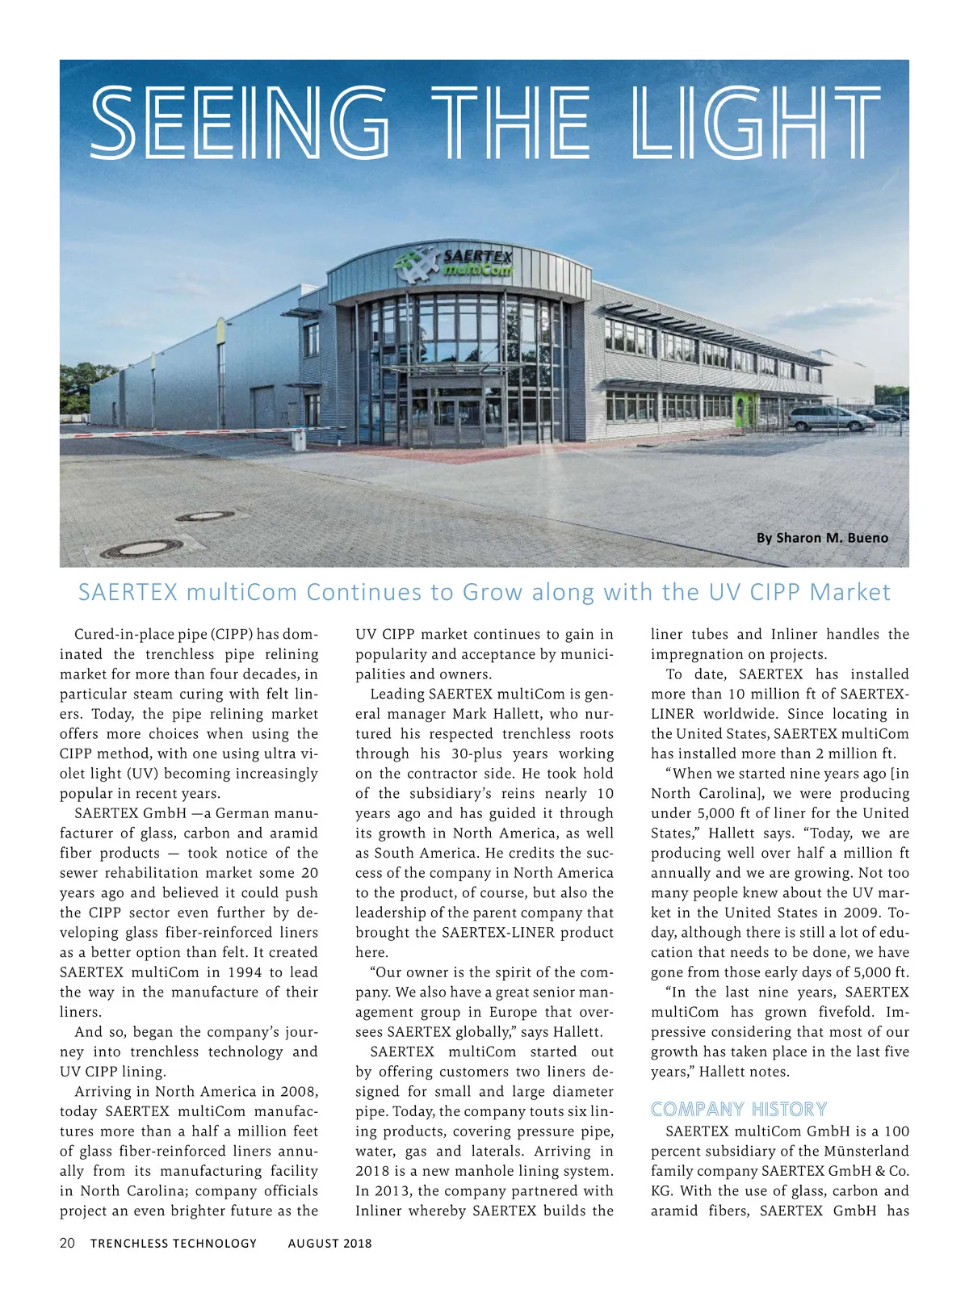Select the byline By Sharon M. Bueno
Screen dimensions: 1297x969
pyautogui.click(x=822, y=538)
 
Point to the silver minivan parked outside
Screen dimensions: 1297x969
pyautogui.click(x=818, y=418)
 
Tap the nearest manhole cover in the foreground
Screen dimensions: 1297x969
pyautogui.click(x=130, y=550)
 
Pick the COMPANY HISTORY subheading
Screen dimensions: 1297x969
pyautogui.click(x=739, y=1109)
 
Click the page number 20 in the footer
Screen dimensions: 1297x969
pyautogui.click(x=67, y=1243)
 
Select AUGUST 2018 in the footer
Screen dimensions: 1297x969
pyautogui.click(x=329, y=1244)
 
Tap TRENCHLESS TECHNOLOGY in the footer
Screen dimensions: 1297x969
pyautogui.click(x=174, y=1244)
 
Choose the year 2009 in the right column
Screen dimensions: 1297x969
pyautogui.click(x=860, y=913)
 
